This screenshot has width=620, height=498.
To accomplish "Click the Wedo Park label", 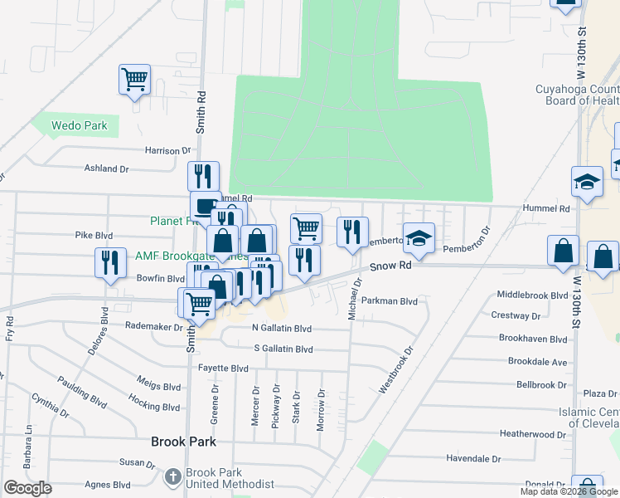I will pos(80,126).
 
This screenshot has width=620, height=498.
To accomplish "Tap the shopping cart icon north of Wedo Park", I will pos(134,81).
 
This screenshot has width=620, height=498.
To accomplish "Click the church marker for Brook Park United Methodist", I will pos(172,477).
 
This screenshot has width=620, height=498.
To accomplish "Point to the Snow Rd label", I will pos(390,266).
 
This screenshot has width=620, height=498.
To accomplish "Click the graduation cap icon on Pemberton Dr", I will pos(419,237).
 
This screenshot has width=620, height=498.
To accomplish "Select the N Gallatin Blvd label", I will pos(281,328).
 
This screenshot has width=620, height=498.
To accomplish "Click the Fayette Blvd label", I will pos(223,368).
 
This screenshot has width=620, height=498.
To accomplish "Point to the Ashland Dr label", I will pos(107,168).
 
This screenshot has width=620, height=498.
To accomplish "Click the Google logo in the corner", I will pos(27,488).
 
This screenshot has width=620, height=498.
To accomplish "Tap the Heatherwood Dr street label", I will pos(533,434).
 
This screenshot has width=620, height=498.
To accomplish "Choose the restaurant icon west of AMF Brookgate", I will pos(110,263).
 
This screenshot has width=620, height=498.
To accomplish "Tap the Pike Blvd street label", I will pos(94,236).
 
